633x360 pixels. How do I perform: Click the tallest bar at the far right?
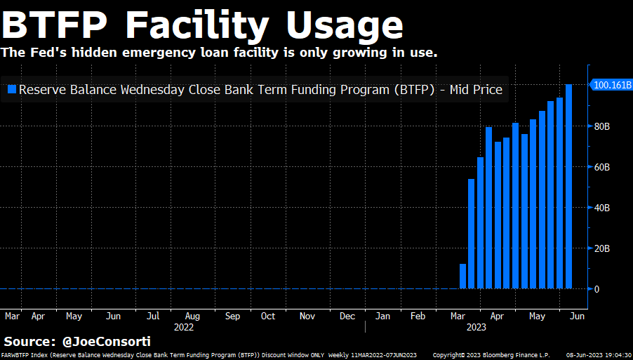[568, 186]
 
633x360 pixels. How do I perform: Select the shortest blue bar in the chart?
[462, 276]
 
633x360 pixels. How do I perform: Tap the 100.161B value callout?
[612, 85]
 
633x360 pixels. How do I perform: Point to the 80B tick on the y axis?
[601, 127]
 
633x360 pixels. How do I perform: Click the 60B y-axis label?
[601, 168]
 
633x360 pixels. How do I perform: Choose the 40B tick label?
[601, 208]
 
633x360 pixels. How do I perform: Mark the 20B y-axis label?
[601, 249]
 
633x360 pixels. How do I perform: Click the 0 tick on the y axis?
[597, 289]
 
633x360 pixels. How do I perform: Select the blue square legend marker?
[11, 90]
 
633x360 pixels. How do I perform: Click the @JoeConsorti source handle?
[107, 342]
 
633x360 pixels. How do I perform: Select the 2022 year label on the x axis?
[183, 327]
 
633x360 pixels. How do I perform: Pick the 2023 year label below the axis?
[477, 327]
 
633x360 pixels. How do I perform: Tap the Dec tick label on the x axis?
[347, 316]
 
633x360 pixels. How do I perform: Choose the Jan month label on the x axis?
[382, 316]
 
